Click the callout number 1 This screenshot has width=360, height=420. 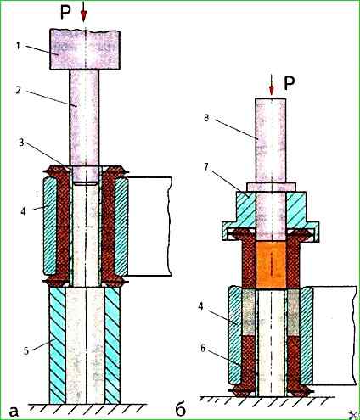click(19, 45)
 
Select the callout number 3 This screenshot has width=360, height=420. click(22, 143)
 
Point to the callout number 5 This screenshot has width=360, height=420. click(26, 351)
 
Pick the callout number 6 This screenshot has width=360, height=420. click(203, 349)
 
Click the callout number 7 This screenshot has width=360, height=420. click(206, 166)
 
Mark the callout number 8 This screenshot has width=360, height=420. click(206, 117)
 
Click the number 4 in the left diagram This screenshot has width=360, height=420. click(23, 211)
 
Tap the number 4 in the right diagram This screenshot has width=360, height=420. click(201, 306)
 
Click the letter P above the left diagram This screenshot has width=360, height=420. click(65, 13)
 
